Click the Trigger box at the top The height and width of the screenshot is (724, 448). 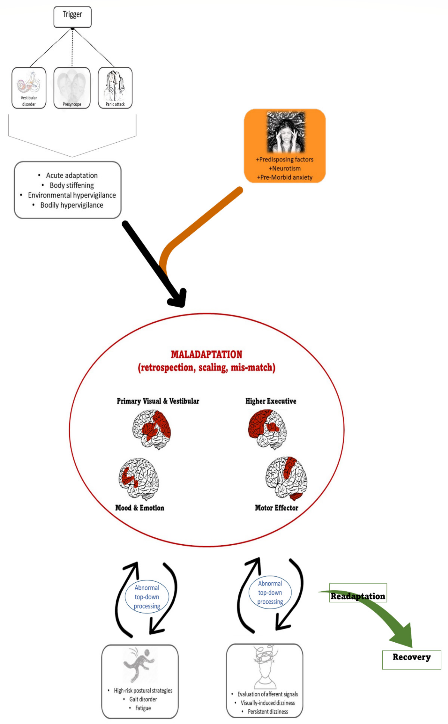pyautogui.click(x=72, y=17)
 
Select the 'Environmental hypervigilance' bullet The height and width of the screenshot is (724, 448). pyautogui.click(x=72, y=195)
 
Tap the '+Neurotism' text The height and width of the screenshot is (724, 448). pyautogui.click(x=284, y=168)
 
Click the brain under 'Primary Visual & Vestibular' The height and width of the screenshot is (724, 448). pyautogui.click(x=151, y=429)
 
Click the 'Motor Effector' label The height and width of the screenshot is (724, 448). pyautogui.click(x=276, y=508)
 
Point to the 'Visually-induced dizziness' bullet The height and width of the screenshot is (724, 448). pyautogui.click(x=268, y=703)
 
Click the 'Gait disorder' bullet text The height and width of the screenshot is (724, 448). pyautogui.click(x=143, y=699)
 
